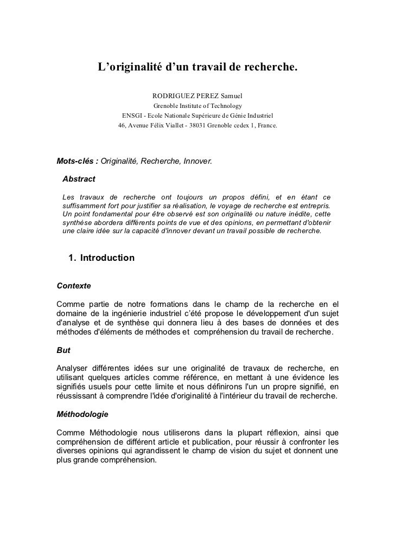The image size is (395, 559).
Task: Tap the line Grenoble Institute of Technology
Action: (197, 106)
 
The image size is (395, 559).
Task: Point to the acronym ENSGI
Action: (132, 115)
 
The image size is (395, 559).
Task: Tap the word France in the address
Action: (266, 125)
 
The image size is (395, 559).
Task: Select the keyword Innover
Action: (199, 162)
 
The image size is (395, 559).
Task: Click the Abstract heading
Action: (79, 179)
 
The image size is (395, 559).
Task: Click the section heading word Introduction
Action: (107, 258)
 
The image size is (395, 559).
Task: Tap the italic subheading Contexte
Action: (73, 285)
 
